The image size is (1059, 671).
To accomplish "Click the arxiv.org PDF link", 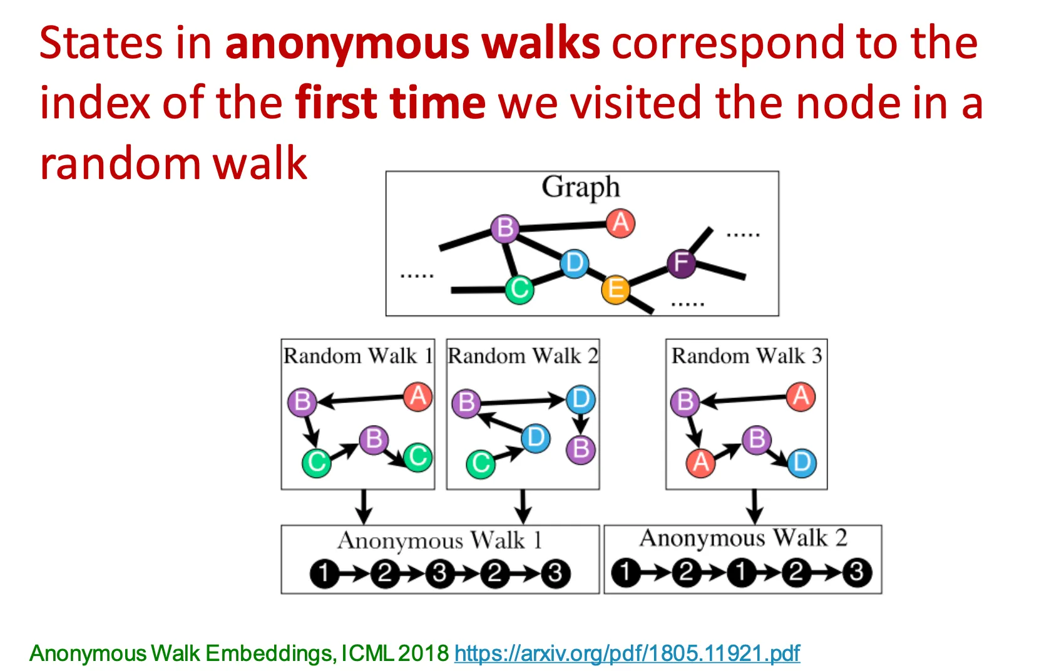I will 627,653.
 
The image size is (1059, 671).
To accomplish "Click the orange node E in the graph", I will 615,289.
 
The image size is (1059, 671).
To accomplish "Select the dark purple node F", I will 681,263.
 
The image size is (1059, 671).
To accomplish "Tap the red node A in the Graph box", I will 620,223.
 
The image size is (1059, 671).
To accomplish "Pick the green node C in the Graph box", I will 519,289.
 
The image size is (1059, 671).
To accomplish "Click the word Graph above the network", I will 581,187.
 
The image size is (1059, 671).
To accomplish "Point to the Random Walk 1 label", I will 358,356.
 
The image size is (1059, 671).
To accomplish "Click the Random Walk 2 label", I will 523,356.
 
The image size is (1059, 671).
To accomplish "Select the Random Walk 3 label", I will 747,356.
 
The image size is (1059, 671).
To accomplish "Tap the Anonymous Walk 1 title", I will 439,540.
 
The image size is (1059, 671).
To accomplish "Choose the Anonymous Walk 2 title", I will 743,538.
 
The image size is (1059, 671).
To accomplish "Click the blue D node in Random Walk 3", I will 802,463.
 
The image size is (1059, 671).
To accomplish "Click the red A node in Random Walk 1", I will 418,396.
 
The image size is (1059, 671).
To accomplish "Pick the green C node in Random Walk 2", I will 481,464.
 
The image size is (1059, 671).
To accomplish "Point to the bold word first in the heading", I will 335,103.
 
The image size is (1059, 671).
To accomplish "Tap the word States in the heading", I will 101,43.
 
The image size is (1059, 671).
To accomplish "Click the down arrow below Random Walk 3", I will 755,506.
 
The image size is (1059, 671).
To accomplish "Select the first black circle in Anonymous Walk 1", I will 324,573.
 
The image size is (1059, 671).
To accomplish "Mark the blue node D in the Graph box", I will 574,263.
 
